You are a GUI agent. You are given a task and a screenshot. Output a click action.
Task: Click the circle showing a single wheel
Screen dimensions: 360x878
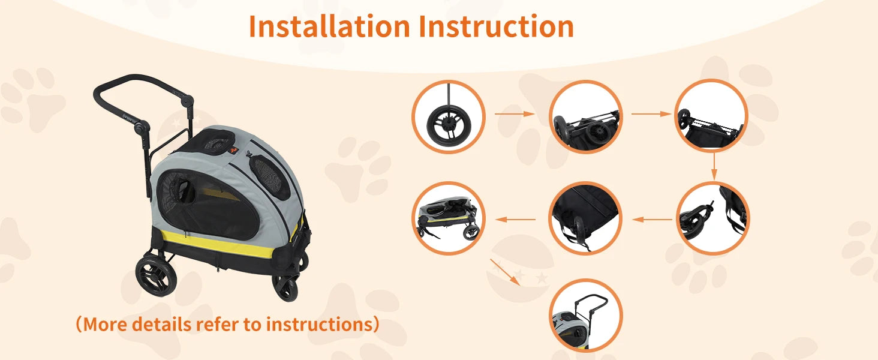coord(448,116)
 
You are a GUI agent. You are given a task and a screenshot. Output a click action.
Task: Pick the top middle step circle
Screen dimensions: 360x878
coord(585,116)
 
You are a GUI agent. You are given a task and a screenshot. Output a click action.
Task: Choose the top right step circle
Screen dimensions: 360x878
coord(711,116)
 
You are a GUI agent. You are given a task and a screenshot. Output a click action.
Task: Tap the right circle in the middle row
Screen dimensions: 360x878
coord(712,218)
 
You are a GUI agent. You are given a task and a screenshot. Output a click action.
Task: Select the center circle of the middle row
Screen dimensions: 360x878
coord(585,218)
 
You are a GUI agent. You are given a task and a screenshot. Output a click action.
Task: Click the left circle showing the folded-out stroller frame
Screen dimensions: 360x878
coord(448,218)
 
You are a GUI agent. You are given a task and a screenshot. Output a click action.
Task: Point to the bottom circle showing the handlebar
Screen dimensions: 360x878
coord(585,315)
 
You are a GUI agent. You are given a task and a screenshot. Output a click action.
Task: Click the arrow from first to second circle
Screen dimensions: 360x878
coord(514,113)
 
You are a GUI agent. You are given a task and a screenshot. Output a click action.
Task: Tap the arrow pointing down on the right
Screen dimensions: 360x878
coord(714,166)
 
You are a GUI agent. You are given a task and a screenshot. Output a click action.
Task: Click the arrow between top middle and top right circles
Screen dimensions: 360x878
coord(651,113)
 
